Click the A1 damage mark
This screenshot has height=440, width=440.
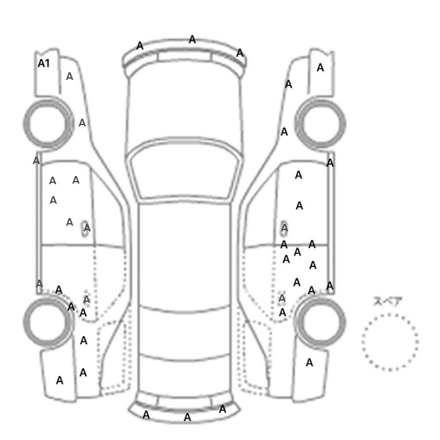coord(44,63)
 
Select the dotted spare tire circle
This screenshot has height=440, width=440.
coord(363,342)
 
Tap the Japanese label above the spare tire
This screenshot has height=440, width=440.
coord(388,301)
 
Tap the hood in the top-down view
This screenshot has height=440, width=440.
coord(184,107)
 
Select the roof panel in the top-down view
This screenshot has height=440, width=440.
coord(184,253)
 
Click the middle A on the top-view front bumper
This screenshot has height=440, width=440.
coord(192,40)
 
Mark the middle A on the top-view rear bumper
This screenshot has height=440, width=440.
coord(187,417)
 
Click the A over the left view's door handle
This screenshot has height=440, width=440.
coord(87,228)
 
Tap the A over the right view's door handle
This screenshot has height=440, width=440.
coord(285,228)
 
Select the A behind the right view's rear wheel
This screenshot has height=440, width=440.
coord(309,363)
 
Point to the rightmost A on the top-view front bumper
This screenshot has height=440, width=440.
coord(239,53)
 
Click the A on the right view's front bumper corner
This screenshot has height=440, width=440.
coord(320,68)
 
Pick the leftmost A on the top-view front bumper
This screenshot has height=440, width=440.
coord(140,46)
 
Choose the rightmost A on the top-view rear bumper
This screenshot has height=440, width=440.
coord(223,409)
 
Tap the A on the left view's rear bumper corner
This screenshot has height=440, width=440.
coord(60,380)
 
